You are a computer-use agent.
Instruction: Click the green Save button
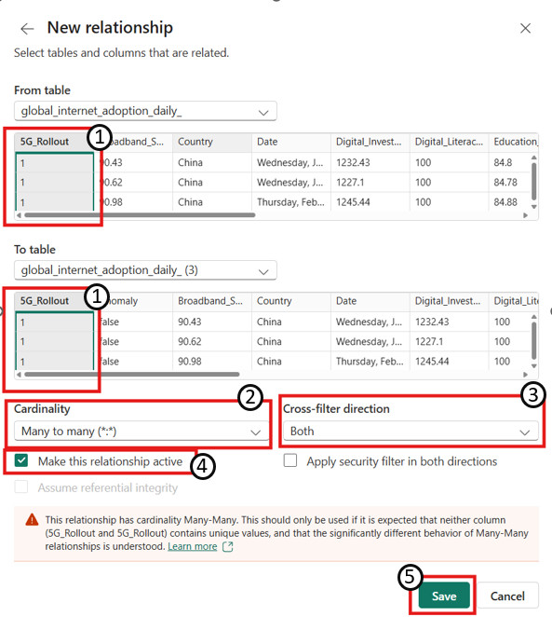point(444,596)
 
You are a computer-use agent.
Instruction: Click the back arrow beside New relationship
point(27,29)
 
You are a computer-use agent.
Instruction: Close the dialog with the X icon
point(525,28)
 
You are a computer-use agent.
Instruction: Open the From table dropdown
point(145,111)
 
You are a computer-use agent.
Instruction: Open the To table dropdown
point(145,270)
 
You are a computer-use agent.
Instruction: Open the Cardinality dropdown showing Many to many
point(141,432)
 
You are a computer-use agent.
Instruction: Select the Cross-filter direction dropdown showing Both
point(411,432)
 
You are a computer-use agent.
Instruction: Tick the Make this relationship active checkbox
point(21,460)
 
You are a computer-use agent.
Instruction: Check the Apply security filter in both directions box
point(290,460)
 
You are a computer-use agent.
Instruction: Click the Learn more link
point(192,546)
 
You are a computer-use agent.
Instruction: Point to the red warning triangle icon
point(32,520)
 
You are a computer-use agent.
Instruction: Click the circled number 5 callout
point(410,577)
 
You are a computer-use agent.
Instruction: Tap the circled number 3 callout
point(532,394)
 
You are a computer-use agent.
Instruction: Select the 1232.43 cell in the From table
point(353,162)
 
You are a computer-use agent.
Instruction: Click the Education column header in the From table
point(515,142)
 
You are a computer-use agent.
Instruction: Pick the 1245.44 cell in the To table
point(432,362)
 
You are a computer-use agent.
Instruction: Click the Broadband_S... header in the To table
point(210,301)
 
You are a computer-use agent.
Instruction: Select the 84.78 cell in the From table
point(505,183)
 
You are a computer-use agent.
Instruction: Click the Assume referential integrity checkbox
point(21,487)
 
